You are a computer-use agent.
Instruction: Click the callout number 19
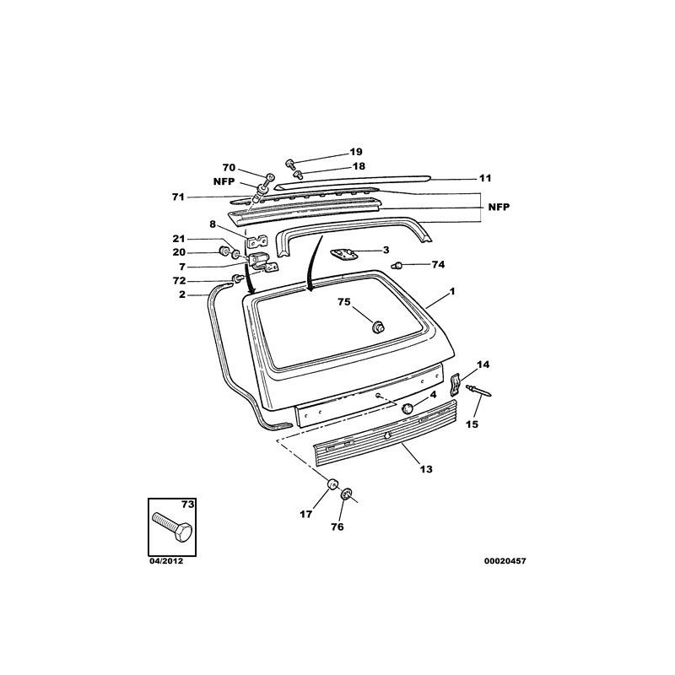pyautogui.click(x=356, y=152)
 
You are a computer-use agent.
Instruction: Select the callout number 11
pyautogui.click(x=485, y=178)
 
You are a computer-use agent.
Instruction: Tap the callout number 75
pyautogui.click(x=344, y=302)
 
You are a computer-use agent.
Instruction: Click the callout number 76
pyautogui.click(x=337, y=527)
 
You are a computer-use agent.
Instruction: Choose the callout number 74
pyautogui.click(x=437, y=264)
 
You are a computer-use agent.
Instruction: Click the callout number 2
pyautogui.click(x=181, y=294)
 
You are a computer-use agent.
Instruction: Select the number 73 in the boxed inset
pyautogui.click(x=187, y=504)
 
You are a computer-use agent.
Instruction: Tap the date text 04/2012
pyautogui.click(x=162, y=560)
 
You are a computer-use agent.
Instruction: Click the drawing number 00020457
pyautogui.click(x=510, y=560)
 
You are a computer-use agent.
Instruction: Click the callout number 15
pyautogui.click(x=472, y=424)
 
